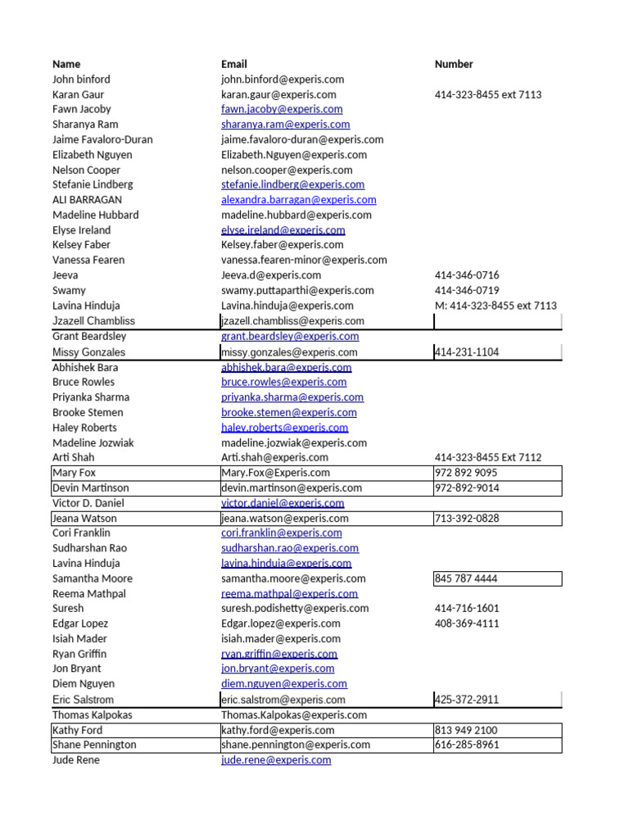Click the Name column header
click(x=66, y=64)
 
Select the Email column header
click(x=233, y=64)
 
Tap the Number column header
click(x=454, y=64)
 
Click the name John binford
click(x=81, y=79)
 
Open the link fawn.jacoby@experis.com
click(x=282, y=109)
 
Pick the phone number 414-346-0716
click(x=467, y=275)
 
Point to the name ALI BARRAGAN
click(x=87, y=200)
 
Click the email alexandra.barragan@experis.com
click(x=298, y=200)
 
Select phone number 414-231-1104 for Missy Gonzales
click(x=467, y=352)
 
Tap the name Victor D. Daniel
click(x=88, y=503)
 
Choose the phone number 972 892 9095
click(x=466, y=473)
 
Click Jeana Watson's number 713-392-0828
click(x=467, y=519)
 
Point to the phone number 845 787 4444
click(x=466, y=578)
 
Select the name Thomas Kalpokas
click(x=92, y=715)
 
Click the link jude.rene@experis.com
click(x=276, y=760)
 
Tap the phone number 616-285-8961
click(x=467, y=745)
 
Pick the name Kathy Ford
click(x=78, y=730)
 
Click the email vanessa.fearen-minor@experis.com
click(x=304, y=260)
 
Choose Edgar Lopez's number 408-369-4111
click(x=467, y=624)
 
